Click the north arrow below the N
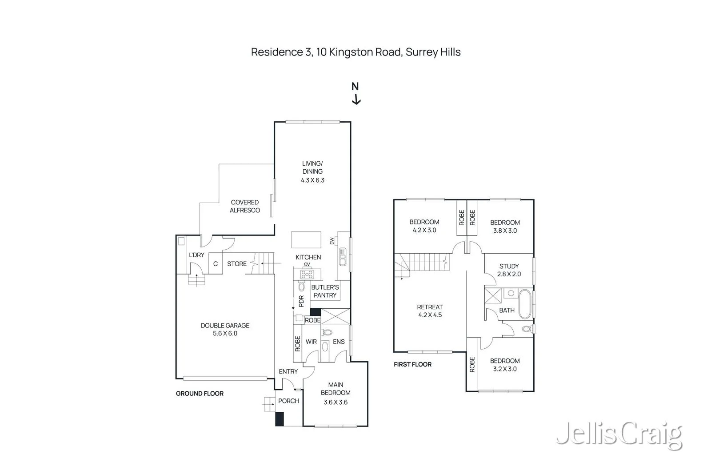[356, 100]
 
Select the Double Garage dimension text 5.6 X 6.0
[225, 334]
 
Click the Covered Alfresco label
[245, 206]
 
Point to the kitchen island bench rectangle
[306, 239]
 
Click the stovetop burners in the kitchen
[307, 274]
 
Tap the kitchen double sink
[343, 257]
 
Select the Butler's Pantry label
[325, 291]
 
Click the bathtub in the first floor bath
[525, 304]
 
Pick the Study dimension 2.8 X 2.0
[509, 274]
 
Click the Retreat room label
[430, 307]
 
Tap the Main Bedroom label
[336, 389]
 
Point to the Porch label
[288, 401]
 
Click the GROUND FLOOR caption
[200, 394]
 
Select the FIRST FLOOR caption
[413, 365]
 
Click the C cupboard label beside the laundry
[216, 263]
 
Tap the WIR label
[311, 342]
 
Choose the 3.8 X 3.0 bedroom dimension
[505, 231]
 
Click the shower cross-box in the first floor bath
[493, 296]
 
